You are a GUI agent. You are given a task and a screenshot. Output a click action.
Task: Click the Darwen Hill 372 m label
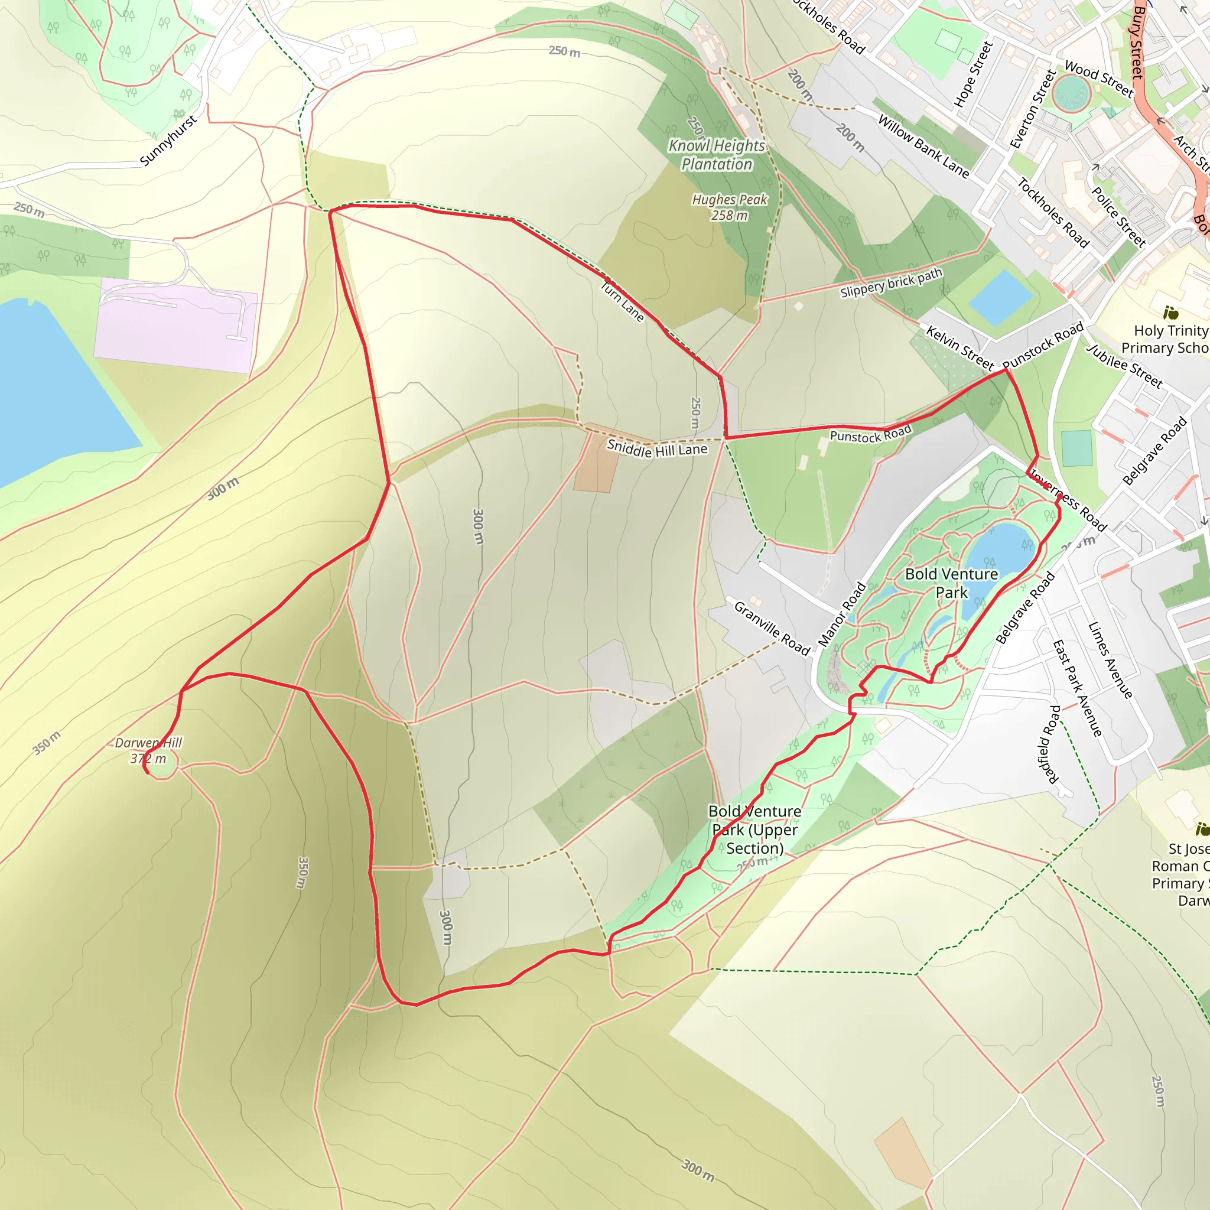148,750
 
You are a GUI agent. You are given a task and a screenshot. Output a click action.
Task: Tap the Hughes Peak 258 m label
729,207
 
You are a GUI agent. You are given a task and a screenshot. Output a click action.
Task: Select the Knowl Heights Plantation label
717,155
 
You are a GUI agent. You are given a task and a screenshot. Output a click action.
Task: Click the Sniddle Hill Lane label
657,448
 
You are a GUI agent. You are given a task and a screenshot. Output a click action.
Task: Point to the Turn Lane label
622,302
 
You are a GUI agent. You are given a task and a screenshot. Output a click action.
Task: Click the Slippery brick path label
890,283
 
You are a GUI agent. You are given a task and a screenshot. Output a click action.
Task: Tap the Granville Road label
772,627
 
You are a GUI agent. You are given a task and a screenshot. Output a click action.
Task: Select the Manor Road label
843,614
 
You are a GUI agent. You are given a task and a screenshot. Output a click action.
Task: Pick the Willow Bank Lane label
923,147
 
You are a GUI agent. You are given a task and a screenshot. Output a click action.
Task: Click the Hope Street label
973,74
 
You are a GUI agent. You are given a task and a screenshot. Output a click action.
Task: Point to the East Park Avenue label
1076,688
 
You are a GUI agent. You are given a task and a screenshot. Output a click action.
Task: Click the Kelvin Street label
959,347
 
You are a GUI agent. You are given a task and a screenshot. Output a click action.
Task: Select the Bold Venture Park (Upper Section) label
754,830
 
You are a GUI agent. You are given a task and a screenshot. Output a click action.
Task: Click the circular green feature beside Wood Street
1072,95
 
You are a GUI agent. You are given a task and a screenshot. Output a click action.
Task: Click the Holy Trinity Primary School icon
1170,312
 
